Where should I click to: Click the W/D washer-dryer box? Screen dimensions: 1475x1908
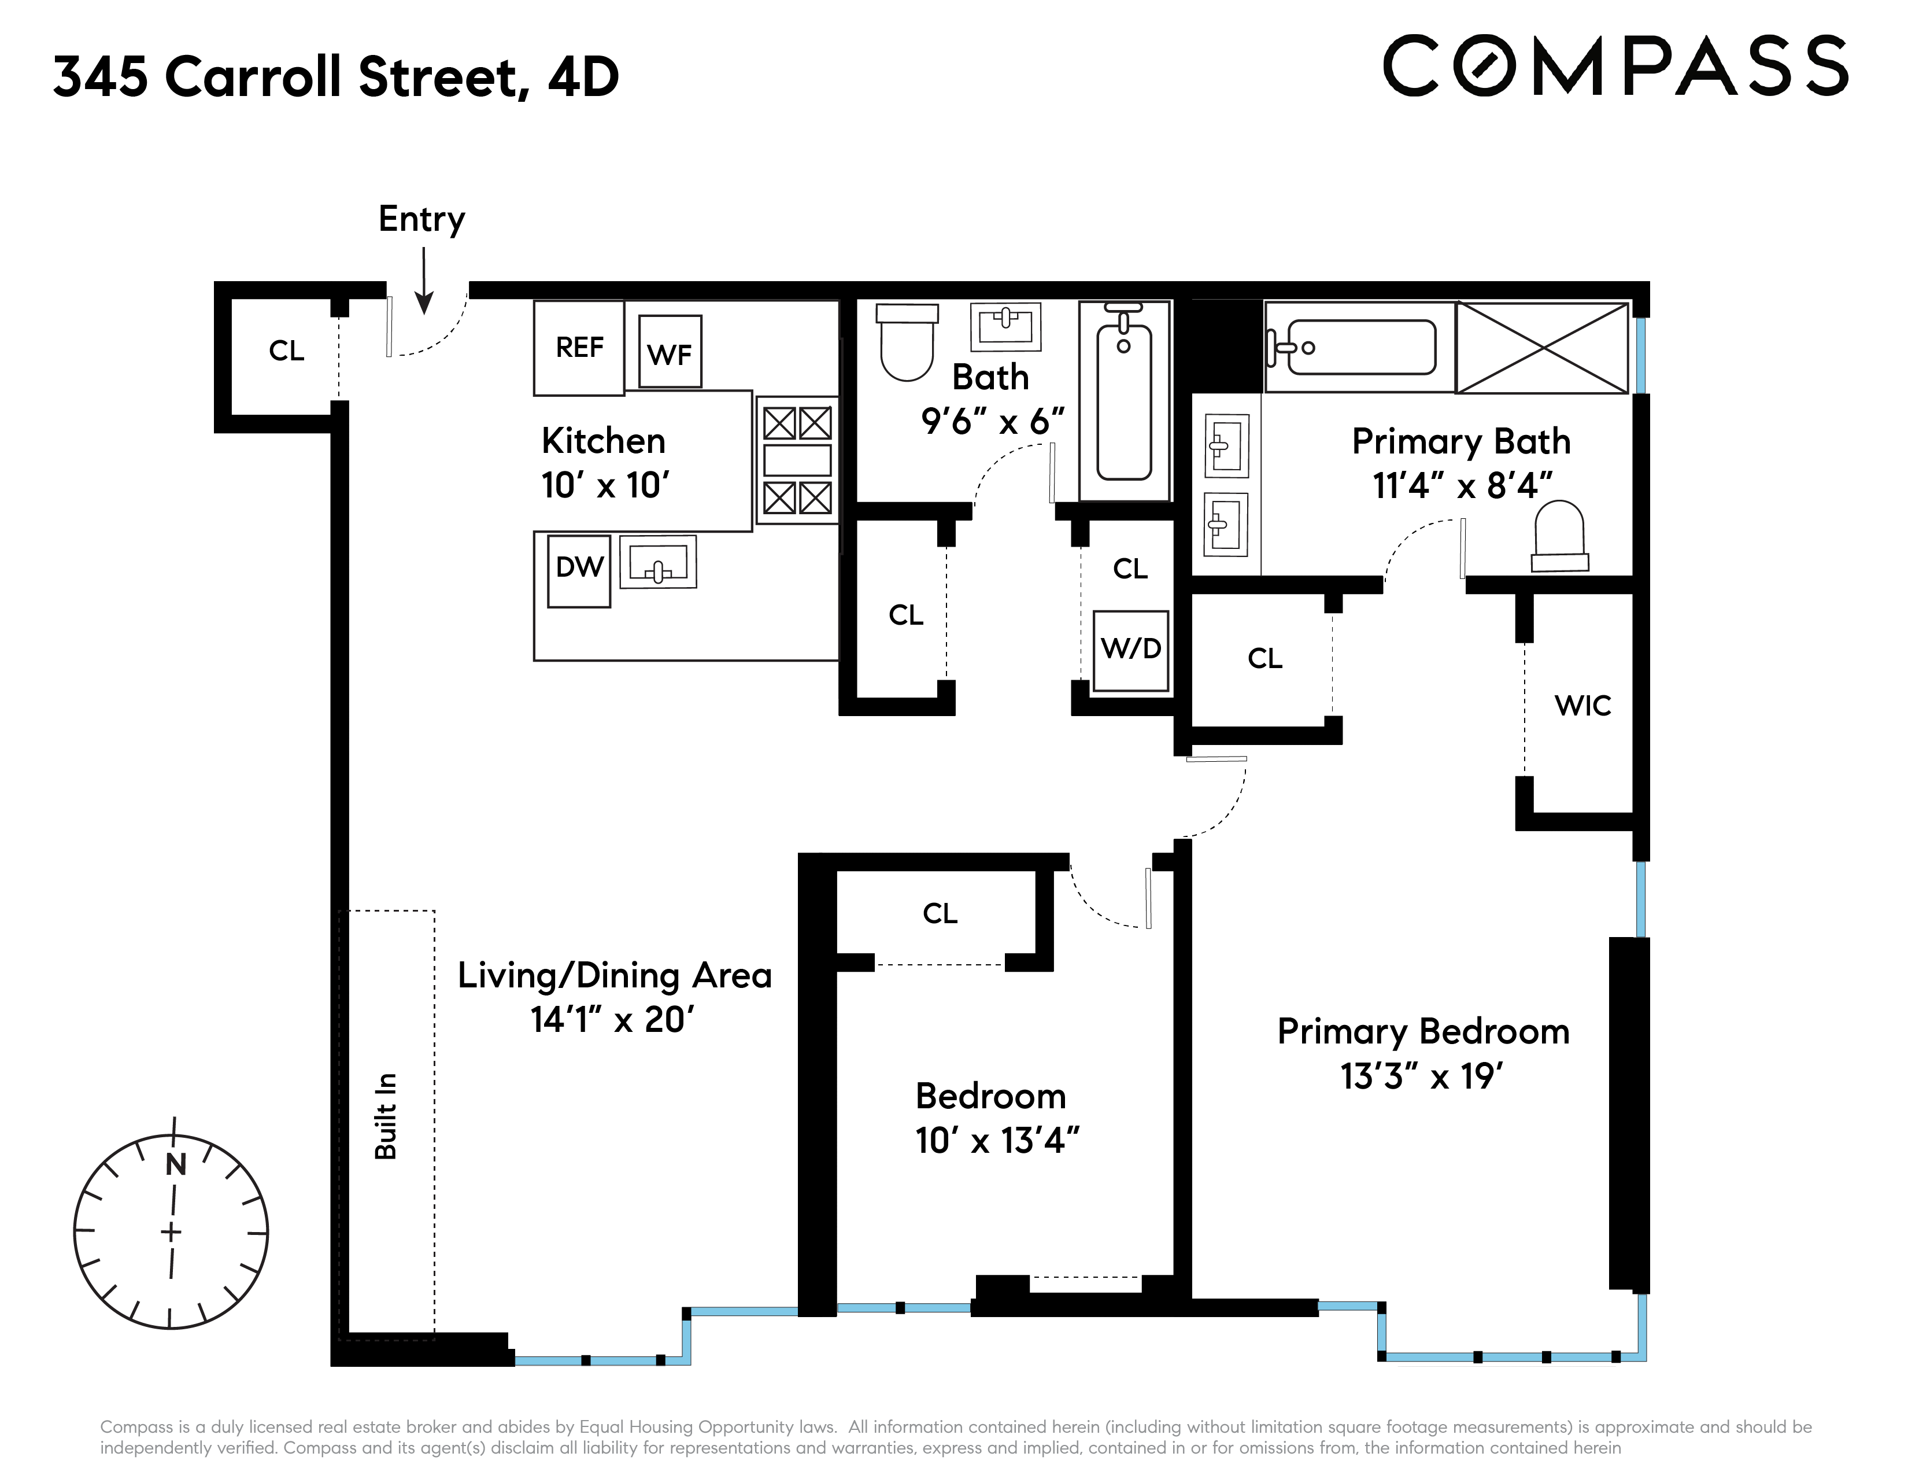(1130, 650)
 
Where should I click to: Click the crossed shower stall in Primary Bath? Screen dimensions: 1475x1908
(1542, 348)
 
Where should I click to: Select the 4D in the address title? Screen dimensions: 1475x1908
(583, 77)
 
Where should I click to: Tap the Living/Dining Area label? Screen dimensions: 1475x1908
(614, 976)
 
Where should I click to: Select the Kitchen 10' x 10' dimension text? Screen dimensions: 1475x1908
(605, 486)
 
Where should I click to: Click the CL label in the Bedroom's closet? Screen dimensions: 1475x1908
(940, 914)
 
